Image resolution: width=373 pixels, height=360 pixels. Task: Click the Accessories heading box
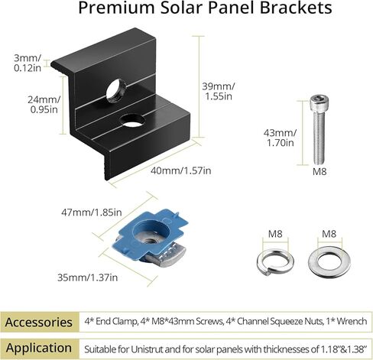pos(40,321)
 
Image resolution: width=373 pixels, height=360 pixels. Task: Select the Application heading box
pos(40,347)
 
